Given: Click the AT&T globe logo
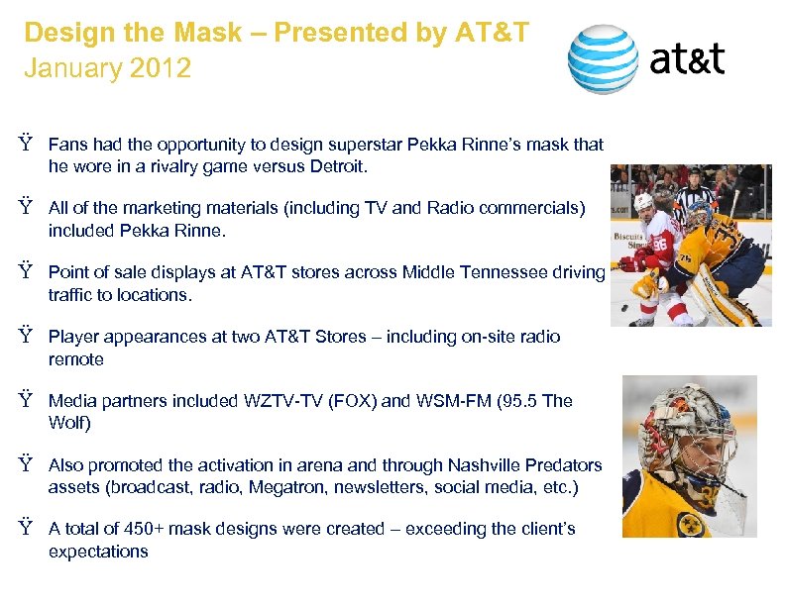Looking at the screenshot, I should [602, 59].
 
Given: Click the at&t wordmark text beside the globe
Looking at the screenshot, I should [687, 59].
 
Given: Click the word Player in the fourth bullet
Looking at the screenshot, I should [72, 337].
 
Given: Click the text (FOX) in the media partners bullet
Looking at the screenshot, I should [349, 401].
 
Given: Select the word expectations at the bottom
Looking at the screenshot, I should [98, 552].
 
